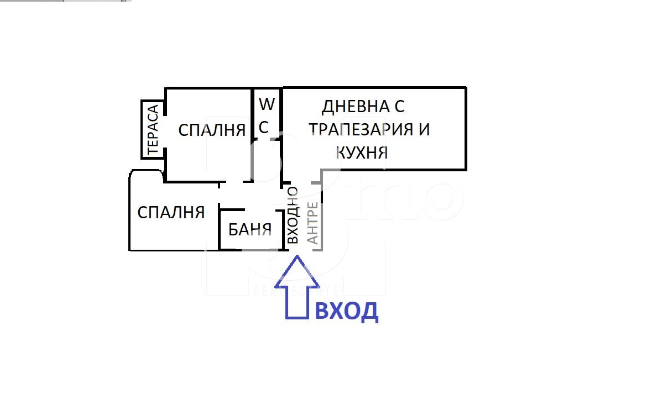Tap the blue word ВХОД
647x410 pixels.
pyautogui.click(x=347, y=312)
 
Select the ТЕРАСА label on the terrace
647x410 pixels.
pyautogui.click(x=153, y=129)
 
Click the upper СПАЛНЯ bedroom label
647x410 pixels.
pyautogui.click(x=212, y=130)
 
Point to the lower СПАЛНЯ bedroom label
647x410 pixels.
pyautogui.click(x=171, y=212)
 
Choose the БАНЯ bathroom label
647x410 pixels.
pyautogui.click(x=250, y=229)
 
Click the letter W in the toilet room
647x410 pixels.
pyautogui.click(x=267, y=104)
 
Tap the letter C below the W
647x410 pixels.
pyautogui.click(x=264, y=128)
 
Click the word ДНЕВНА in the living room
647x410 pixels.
pyautogui.click(x=356, y=107)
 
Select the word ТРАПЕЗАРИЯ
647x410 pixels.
pyautogui.click(x=361, y=129)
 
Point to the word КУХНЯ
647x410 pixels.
pyautogui.click(x=362, y=153)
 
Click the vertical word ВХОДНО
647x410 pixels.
pyautogui.click(x=292, y=215)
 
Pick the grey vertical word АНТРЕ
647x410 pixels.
pyautogui.click(x=313, y=223)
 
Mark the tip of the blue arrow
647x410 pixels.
pyautogui.click(x=296, y=255)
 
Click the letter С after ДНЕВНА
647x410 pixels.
pyautogui.click(x=399, y=107)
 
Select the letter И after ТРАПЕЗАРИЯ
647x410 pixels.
pyautogui.click(x=424, y=129)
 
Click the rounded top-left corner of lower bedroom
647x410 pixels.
pyautogui.click(x=131, y=172)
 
